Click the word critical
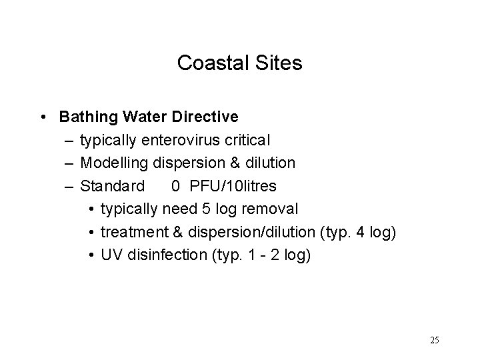click(247, 140)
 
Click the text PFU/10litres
click(231, 185)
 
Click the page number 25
click(434, 340)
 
